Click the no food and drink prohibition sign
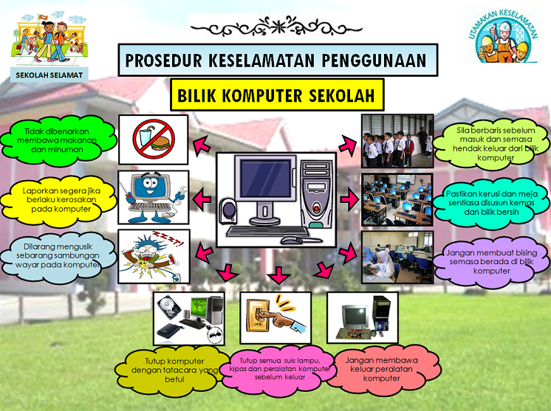coord(153,139)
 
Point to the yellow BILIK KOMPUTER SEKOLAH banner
coord(279,96)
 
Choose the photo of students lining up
coord(397,140)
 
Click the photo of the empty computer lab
coord(397,199)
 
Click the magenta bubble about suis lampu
coord(274,365)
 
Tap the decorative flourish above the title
coord(278,28)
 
